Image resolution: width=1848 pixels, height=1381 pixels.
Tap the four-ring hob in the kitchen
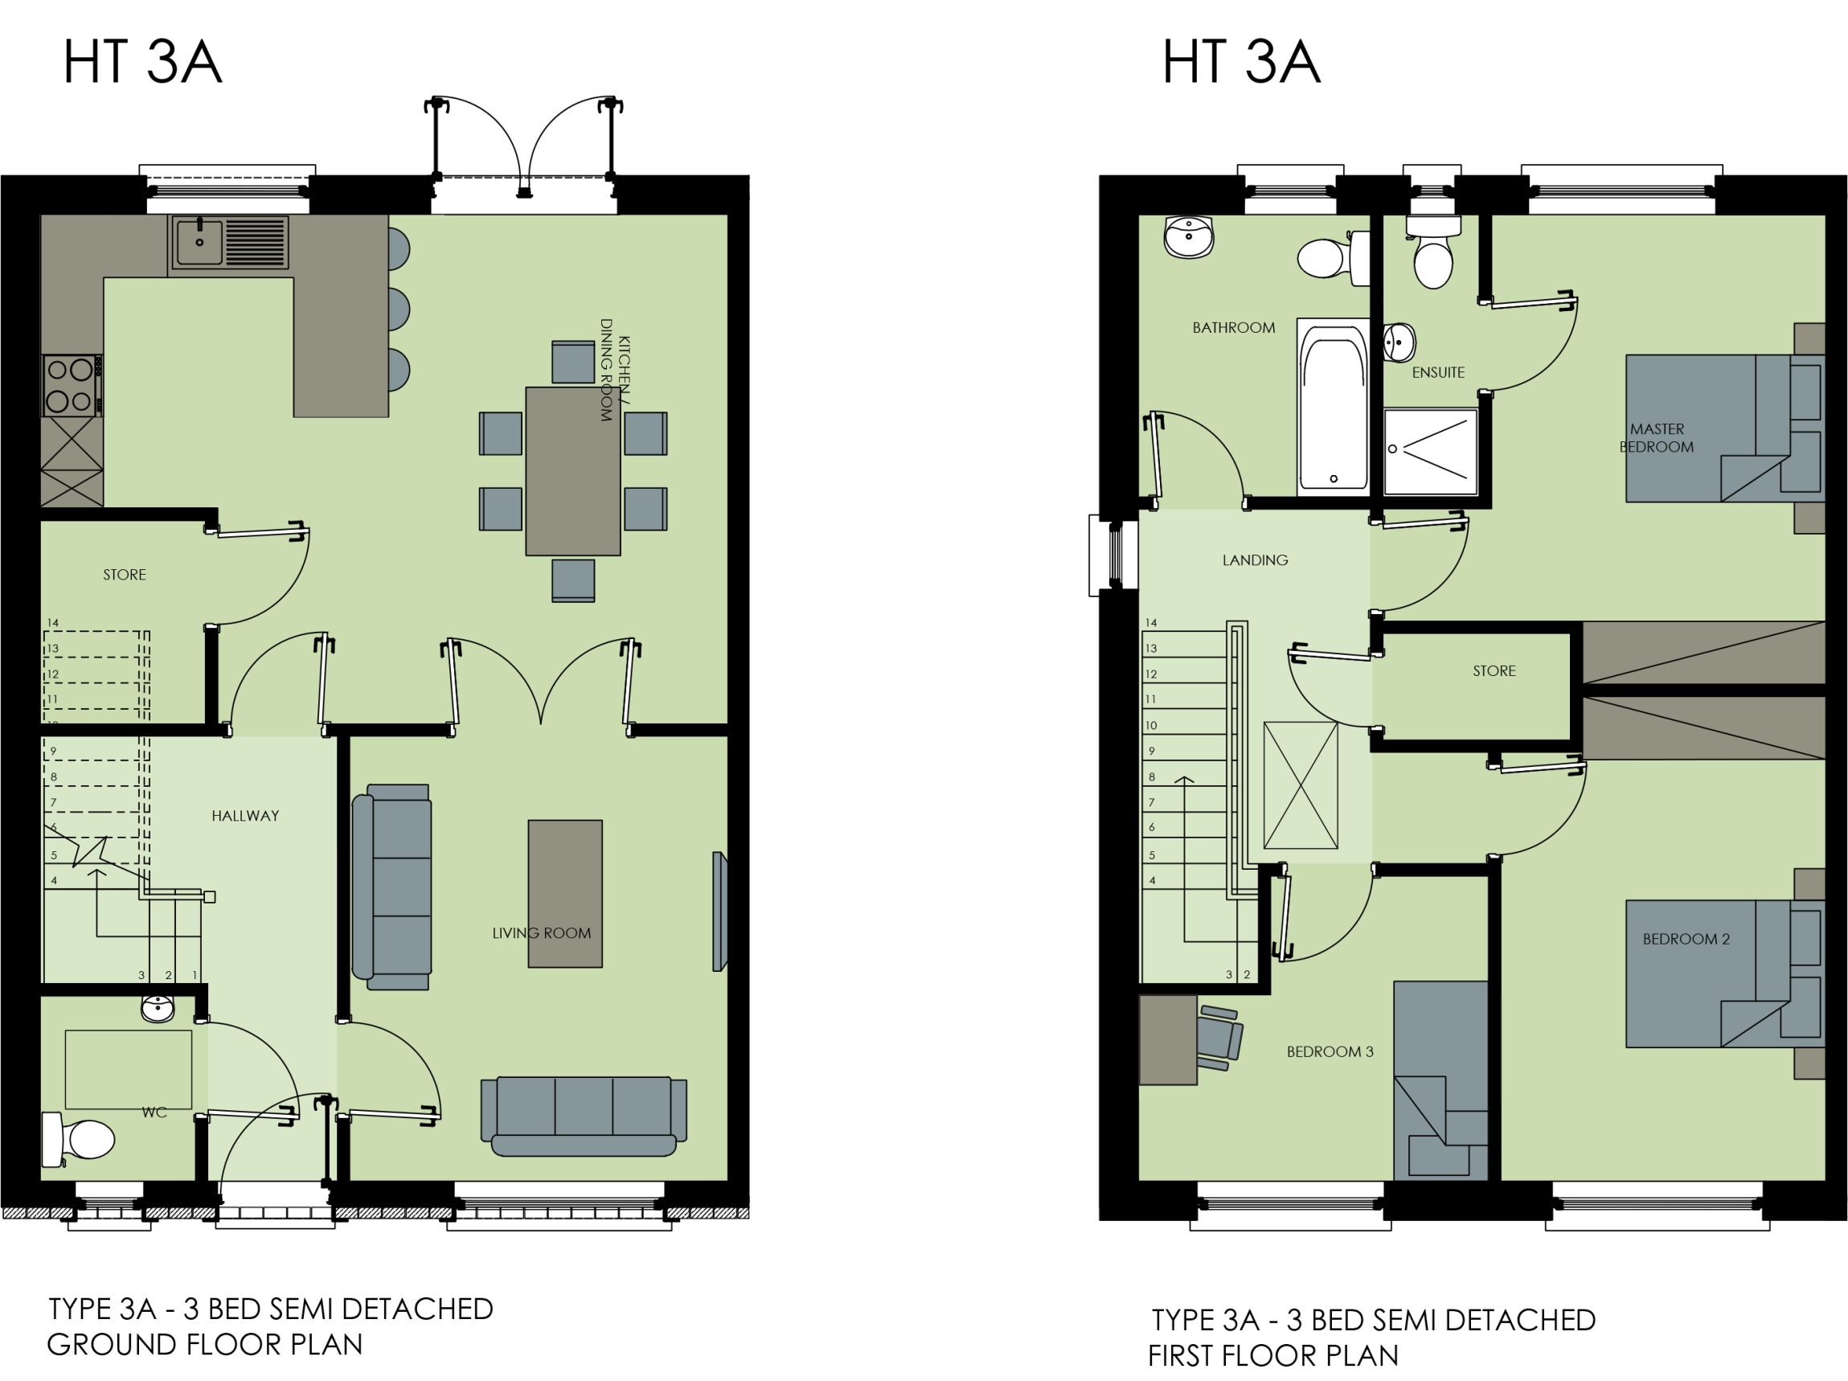(70, 385)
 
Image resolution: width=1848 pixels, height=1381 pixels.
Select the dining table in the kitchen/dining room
(572, 470)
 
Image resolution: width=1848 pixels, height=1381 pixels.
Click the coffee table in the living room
(565, 893)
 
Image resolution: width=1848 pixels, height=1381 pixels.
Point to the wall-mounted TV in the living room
(719, 911)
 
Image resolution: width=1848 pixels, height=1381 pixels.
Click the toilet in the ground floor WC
(80, 1139)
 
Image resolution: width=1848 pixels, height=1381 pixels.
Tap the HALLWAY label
(245, 815)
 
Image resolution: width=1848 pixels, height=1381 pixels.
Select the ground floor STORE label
(125, 575)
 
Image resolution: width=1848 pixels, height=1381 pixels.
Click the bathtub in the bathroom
(1333, 408)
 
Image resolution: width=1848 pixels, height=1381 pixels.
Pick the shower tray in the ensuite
(1430, 450)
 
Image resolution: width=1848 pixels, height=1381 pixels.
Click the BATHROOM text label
(1233, 327)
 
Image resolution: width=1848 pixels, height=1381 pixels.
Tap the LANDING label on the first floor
(1255, 559)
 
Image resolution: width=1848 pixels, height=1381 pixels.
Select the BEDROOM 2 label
(1685, 939)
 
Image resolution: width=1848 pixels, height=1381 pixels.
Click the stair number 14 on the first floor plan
(1151, 622)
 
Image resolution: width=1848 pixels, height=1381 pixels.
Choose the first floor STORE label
(1494, 671)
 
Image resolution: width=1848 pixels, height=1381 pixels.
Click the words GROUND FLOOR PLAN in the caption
(205, 1344)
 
